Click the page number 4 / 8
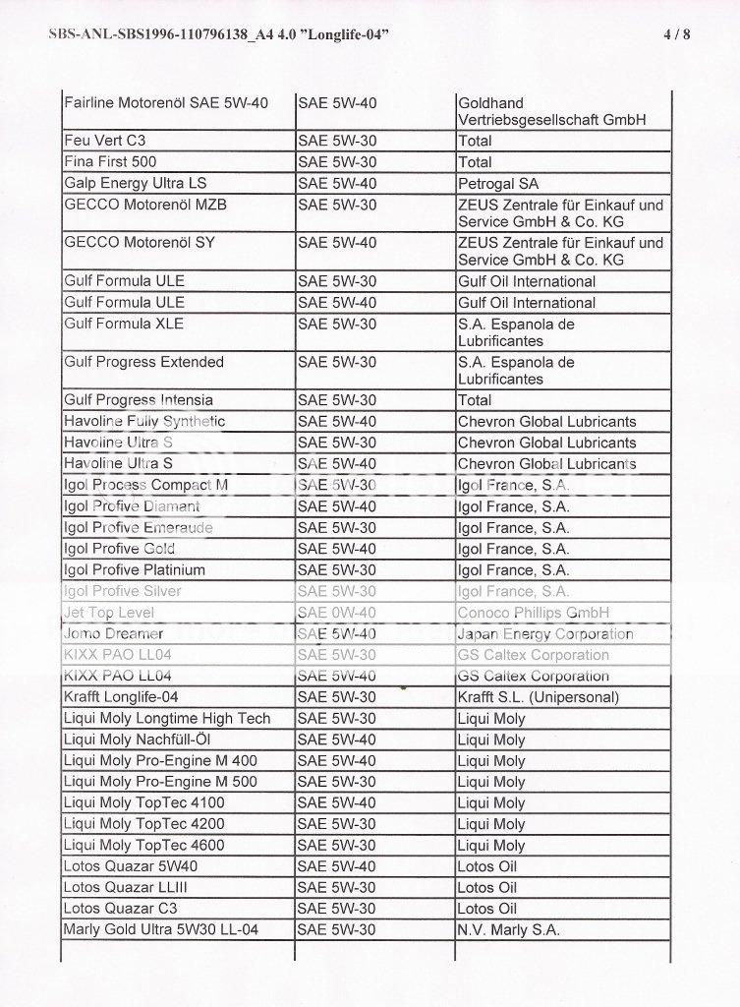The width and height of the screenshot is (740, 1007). pyautogui.click(x=677, y=34)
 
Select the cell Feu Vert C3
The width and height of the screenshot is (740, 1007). pyautogui.click(x=104, y=141)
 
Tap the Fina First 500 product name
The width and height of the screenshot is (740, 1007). pyautogui.click(x=110, y=161)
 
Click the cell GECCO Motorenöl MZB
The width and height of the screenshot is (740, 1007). pyautogui.click(x=139, y=205)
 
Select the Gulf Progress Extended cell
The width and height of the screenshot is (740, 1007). pyautogui.click(x=143, y=362)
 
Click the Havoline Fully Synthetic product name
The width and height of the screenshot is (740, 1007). pyautogui.click(x=144, y=421)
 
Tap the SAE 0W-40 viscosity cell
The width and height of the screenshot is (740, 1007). pyautogui.click(x=336, y=613)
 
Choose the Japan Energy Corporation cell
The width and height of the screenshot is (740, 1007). pyautogui.click(x=545, y=634)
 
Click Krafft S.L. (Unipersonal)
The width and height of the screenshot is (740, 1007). pyautogui.click(x=538, y=697)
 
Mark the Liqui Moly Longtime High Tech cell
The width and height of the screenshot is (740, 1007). pyautogui.click(x=166, y=719)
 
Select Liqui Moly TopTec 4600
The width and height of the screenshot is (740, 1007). pyautogui.click(x=143, y=845)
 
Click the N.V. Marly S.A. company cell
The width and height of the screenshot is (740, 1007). pyautogui.click(x=508, y=929)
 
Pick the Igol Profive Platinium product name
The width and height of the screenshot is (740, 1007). pyautogui.click(x=134, y=570)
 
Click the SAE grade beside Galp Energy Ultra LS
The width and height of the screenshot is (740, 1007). pyautogui.click(x=336, y=183)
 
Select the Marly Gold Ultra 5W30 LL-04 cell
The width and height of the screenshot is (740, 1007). pyautogui.click(x=160, y=929)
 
